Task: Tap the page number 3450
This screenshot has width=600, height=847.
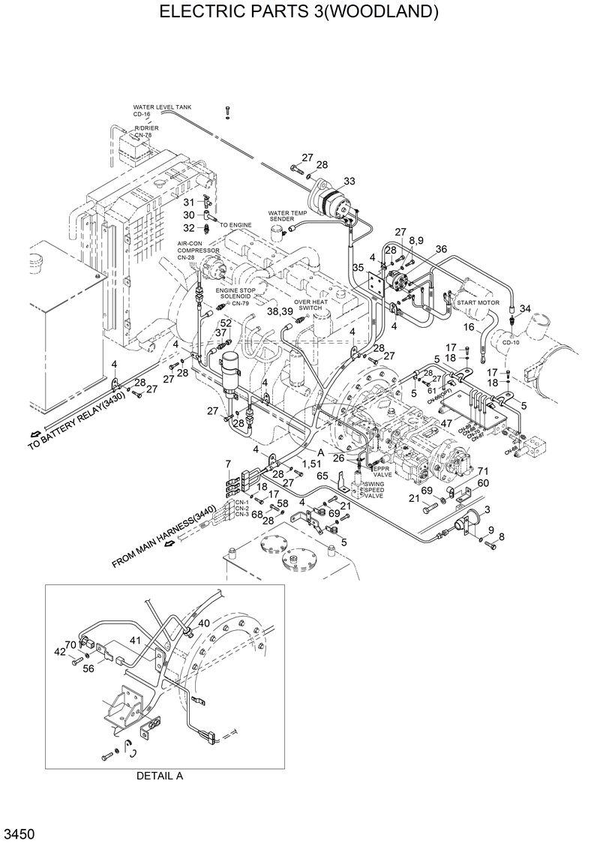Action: [19, 834]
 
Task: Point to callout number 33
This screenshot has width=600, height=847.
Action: [349, 181]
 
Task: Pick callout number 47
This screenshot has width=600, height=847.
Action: [445, 424]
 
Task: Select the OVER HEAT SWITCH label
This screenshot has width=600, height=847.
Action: [310, 305]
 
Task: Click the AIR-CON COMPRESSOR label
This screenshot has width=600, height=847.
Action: [193, 251]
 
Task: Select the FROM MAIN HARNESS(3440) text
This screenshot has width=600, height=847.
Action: [165, 536]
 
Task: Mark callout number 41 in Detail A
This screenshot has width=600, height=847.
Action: [134, 640]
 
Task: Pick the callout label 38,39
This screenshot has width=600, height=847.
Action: [279, 311]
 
